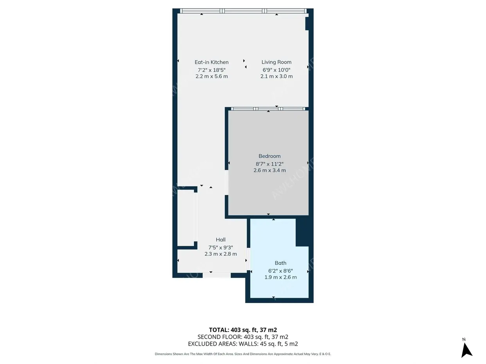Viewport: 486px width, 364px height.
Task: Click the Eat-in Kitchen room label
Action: click(212, 62)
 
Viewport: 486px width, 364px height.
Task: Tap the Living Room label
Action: click(276, 62)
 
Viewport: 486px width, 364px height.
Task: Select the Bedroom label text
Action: click(269, 156)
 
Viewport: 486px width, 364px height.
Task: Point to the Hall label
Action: click(221, 240)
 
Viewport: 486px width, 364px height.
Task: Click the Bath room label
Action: click(280, 263)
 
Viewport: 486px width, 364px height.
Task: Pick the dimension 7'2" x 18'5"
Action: click(212, 70)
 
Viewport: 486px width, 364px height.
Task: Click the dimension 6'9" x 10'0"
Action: click(276, 70)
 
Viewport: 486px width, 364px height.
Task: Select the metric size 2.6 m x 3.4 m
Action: click(269, 170)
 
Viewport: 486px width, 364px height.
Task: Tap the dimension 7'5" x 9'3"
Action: click(221, 248)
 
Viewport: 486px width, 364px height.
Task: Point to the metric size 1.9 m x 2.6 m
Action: click(280, 277)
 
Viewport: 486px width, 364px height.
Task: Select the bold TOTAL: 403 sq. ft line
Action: click(243, 330)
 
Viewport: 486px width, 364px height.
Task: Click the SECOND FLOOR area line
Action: click(243, 337)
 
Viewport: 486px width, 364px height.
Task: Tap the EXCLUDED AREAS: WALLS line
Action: click(243, 344)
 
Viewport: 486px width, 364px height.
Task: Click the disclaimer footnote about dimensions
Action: click(243, 354)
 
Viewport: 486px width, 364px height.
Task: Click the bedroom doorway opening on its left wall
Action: click(226, 182)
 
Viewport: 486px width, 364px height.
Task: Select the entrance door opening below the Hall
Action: click(217, 275)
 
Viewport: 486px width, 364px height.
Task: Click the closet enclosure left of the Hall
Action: click(186, 218)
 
